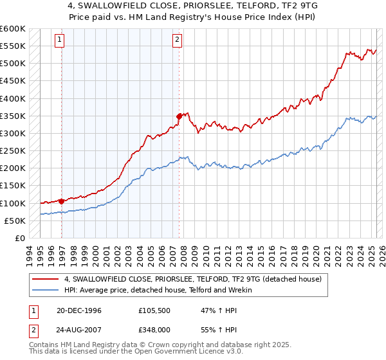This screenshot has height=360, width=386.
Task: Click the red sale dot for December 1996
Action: [x=61, y=201]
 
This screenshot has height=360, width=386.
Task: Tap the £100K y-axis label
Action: [x=13, y=203]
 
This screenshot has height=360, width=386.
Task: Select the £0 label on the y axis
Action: [x=20, y=238]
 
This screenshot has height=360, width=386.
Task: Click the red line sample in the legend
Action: [x=45, y=279]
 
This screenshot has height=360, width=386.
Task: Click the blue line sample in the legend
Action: [x=45, y=290]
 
